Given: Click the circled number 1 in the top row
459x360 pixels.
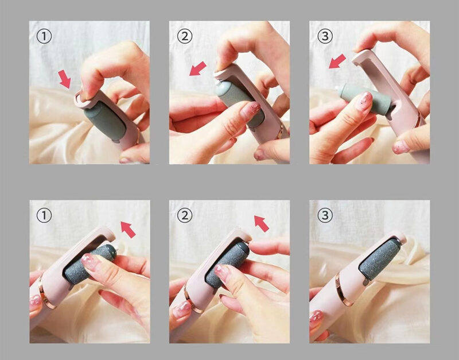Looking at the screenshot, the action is [44, 36].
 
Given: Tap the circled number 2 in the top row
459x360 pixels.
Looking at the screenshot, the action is [185, 36].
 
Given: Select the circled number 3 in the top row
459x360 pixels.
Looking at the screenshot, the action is [325, 36].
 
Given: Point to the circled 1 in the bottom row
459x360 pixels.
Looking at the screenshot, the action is [44, 215].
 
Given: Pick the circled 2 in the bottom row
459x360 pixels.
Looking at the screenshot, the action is [185, 215].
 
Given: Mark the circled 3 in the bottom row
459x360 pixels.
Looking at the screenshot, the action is [325, 215].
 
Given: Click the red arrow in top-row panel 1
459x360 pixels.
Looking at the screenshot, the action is [65, 79].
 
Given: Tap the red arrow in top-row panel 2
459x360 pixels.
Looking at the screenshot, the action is [198, 68].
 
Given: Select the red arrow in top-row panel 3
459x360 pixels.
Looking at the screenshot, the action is [337, 61].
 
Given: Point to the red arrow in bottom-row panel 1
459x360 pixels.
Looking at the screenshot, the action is [128, 229].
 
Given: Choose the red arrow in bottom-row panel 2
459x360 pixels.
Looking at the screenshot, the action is [262, 223].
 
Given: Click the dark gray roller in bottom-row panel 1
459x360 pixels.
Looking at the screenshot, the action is [90, 264].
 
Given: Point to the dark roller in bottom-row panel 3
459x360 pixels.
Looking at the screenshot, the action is [380, 260].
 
